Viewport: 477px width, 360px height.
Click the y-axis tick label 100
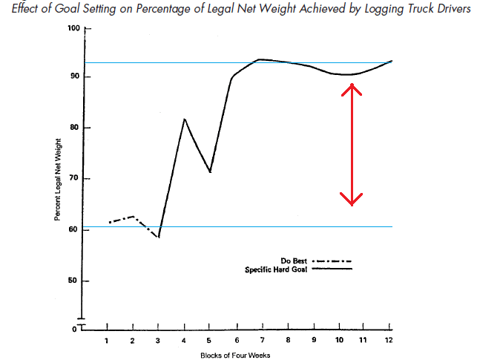[x=73, y=28]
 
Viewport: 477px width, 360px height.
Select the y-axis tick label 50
[x=74, y=281]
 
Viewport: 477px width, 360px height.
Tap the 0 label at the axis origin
[x=75, y=327]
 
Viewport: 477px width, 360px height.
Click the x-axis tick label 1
[x=108, y=340]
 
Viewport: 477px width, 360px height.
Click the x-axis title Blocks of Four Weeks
[x=235, y=355]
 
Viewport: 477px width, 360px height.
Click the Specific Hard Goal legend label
[x=277, y=269]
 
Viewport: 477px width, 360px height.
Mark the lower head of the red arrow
[x=351, y=202]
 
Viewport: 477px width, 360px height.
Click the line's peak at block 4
[x=185, y=119]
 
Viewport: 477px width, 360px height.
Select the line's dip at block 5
[x=211, y=172]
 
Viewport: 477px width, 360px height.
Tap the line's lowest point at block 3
[x=159, y=237]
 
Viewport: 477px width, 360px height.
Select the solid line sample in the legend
[x=332, y=269]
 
